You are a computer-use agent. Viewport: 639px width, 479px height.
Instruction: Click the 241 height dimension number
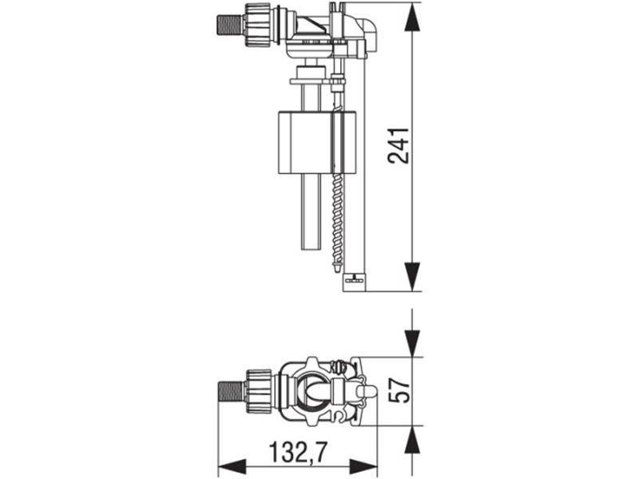(399, 146)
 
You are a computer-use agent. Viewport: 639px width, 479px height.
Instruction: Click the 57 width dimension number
(399, 390)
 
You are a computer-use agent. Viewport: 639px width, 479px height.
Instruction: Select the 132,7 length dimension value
(298, 452)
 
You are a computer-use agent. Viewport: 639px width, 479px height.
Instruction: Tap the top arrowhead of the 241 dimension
(412, 17)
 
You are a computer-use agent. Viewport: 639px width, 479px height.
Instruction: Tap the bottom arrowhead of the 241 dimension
(412, 276)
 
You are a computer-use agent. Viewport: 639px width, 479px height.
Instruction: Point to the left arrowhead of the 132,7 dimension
(232, 466)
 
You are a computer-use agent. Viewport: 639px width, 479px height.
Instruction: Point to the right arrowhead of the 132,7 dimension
(363, 466)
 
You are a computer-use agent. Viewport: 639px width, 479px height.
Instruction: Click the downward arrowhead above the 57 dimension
(412, 343)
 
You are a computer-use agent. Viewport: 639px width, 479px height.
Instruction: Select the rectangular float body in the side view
(317, 143)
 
